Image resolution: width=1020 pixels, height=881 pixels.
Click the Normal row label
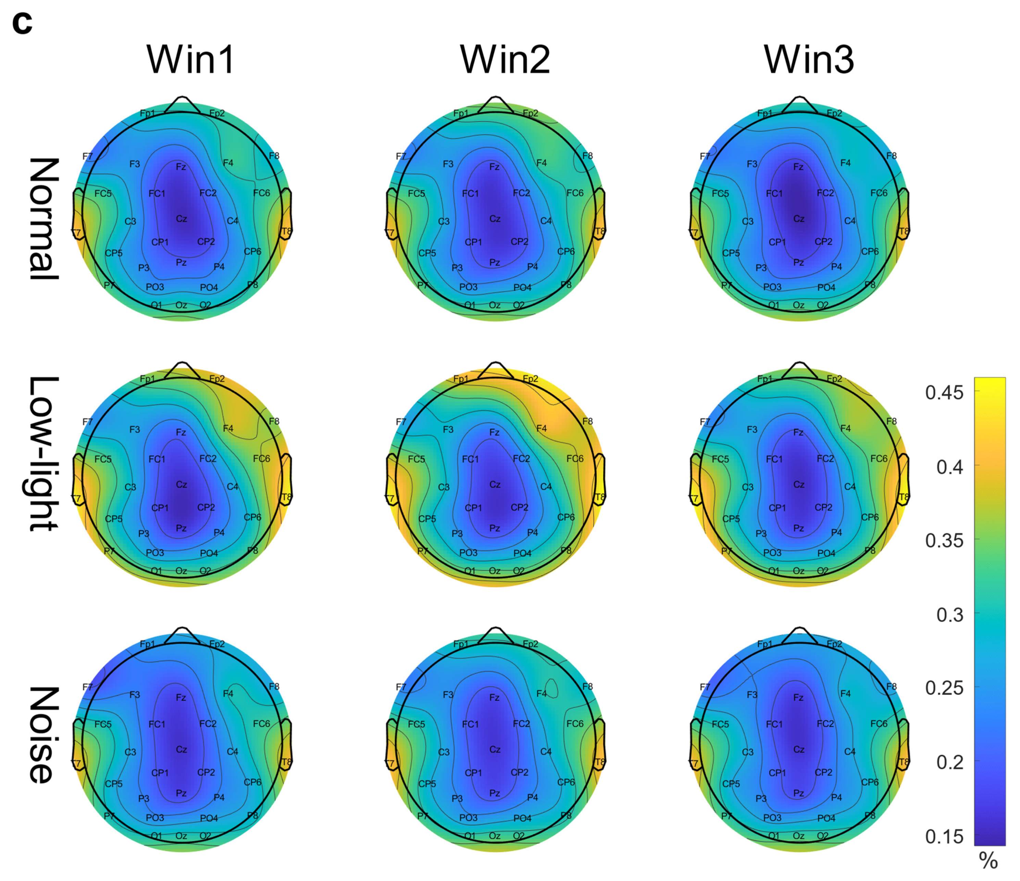pos(44,219)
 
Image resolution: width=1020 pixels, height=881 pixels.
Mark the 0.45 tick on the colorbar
pos(944,392)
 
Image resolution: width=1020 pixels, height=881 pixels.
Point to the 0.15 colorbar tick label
pos(944,836)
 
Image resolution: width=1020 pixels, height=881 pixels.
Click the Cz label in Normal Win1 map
pos(182,219)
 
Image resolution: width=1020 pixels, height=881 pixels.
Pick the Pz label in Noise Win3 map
pos(798,793)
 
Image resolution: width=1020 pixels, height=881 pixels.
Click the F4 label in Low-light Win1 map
pos(228,428)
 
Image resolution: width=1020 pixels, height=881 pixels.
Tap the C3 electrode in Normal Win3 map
pos(747,221)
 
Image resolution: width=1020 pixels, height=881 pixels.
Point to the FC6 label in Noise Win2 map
pos(574,723)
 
